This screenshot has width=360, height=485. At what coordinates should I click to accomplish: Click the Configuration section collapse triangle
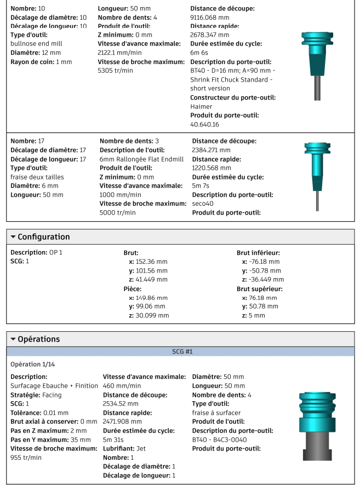tap(13, 237)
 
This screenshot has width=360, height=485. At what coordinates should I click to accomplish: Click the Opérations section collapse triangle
tap(13, 339)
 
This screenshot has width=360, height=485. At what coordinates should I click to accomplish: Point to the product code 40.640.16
tap(204, 124)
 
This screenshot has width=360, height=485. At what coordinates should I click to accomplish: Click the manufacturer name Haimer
tap(201, 106)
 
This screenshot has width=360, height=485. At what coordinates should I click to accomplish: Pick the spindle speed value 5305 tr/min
tap(116, 71)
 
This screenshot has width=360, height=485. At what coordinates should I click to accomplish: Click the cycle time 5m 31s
tap(113, 439)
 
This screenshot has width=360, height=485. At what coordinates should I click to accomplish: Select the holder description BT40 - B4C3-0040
tap(220, 439)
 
